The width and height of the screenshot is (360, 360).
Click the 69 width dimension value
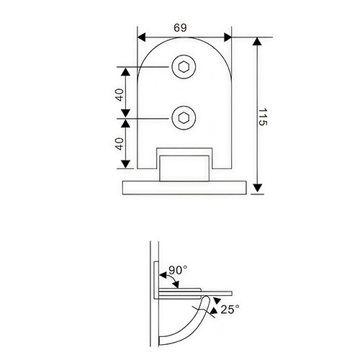tap(181, 27)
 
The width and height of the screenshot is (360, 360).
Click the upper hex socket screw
tap(182, 68)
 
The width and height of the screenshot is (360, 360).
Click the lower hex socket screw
tap(182, 117)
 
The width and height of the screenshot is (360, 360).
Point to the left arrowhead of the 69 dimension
tap(142, 36)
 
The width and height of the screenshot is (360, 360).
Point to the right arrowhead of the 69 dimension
tap(228, 36)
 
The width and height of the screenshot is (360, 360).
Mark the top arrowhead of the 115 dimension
tap(258, 42)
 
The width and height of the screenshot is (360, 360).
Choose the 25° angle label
tap(229, 310)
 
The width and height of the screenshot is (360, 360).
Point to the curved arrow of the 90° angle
tap(164, 277)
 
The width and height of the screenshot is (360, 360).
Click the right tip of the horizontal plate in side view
tap(232, 292)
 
